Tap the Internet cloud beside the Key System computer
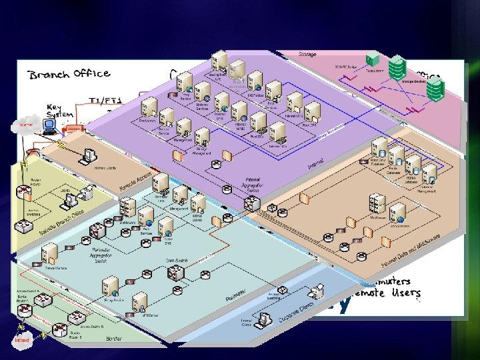(27, 125)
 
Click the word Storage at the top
(307, 55)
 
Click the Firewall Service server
(49, 253)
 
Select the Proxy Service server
(110, 287)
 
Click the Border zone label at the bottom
(113, 338)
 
